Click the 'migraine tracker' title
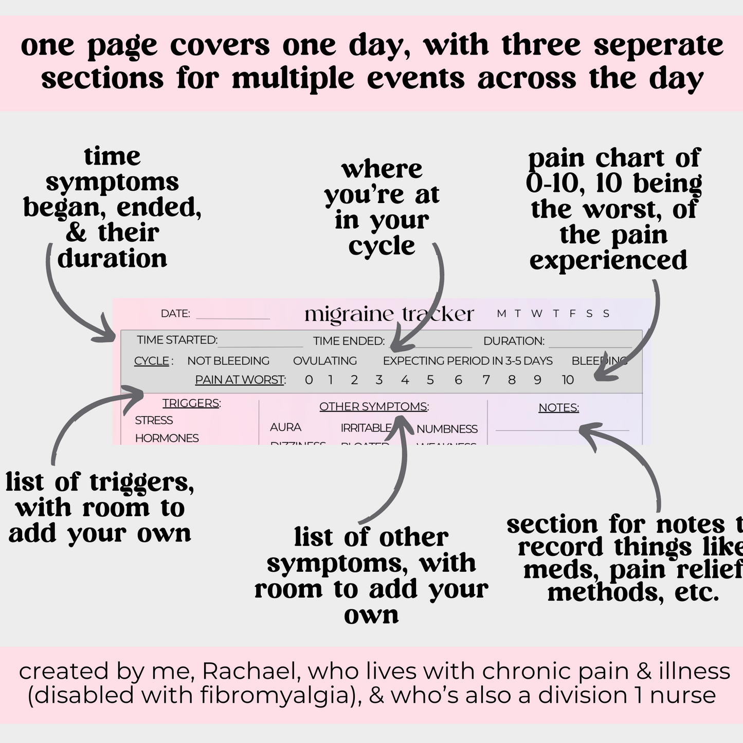[x=389, y=314]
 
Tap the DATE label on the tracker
[x=175, y=314]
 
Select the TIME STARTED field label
[x=177, y=340]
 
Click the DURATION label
[x=514, y=341]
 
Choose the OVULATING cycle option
[x=324, y=361]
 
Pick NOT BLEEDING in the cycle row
[x=228, y=361]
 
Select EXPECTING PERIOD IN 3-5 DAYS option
[x=467, y=361]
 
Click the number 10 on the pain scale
[x=567, y=380]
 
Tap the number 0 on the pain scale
[x=309, y=380]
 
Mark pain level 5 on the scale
[x=430, y=380]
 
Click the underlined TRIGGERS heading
[x=191, y=403]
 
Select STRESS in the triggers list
[x=154, y=421]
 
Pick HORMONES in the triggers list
[x=167, y=438]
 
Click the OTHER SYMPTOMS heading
[x=374, y=407]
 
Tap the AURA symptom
[x=285, y=427]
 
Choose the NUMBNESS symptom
[x=447, y=429]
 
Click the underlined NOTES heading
[x=558, y=408]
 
